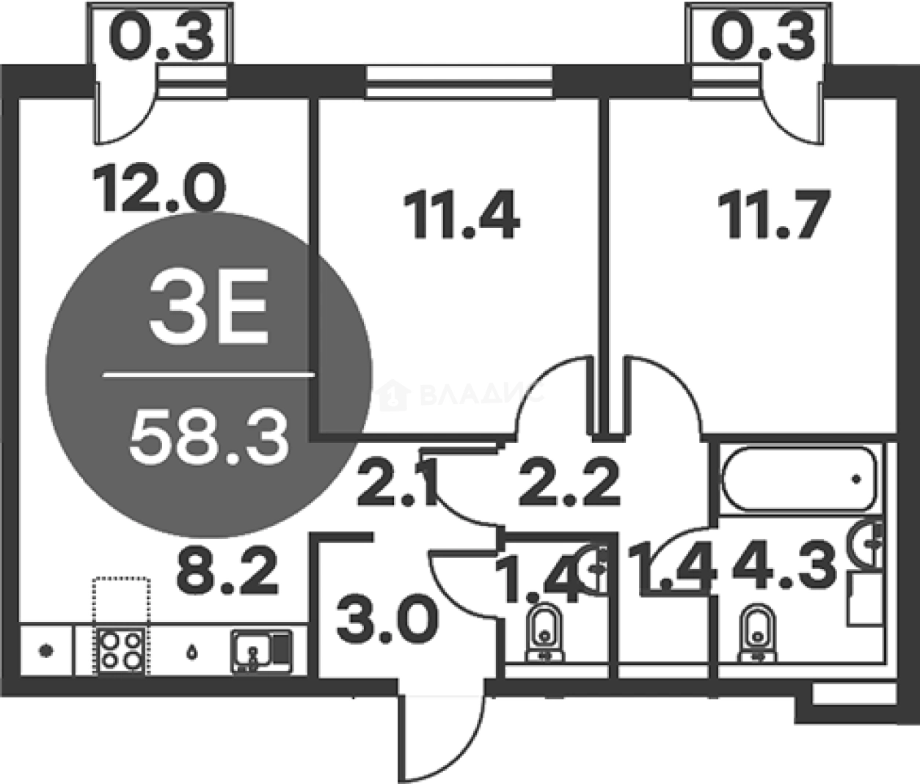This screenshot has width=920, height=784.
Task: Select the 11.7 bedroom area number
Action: click(x=773, y=214)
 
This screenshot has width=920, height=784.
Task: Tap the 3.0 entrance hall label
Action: click(x=388, y=620)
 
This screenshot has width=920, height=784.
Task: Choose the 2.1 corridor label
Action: click(x=396, y=485)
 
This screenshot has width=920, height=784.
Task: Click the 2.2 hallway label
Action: click(x=569, y=482)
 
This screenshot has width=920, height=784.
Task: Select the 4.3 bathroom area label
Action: click(x=785, y=567)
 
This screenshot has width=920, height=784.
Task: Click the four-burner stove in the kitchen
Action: click(x=121, y=649)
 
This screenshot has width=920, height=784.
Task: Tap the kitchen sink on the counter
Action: click(x=260, y=650)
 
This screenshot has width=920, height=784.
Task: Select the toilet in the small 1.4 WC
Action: click(x=544, y=630)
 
